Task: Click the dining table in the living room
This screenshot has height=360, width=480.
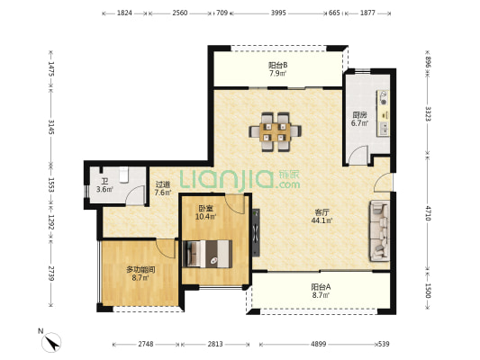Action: tap(275, 131)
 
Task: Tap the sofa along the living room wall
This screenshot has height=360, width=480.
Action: tap(380, 231)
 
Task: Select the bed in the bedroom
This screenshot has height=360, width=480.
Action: tap(207, 254)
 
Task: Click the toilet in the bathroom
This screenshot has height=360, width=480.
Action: tap(123, 175)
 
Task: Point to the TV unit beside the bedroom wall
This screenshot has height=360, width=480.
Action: tap(256, 232)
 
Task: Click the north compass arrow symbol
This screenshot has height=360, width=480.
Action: tap(51, 342)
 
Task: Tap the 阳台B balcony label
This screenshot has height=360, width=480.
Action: tap(278, 65)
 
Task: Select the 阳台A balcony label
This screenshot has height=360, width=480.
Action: tap(321, 287)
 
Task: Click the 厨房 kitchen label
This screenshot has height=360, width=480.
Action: tap(359, 115)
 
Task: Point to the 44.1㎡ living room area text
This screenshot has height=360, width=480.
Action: tap(322, 220)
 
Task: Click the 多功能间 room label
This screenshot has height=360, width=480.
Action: tap(140, 270)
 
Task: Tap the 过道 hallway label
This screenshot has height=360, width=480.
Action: tap(162, 184)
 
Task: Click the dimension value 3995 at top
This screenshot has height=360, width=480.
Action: tap(278, 13)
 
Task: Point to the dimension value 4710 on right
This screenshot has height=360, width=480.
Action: tap(429, 213)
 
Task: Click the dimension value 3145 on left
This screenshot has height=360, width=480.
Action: tap(50, 127)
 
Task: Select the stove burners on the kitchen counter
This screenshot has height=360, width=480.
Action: tap(384, 97)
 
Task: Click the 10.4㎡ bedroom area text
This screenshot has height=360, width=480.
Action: tap(206, 217)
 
